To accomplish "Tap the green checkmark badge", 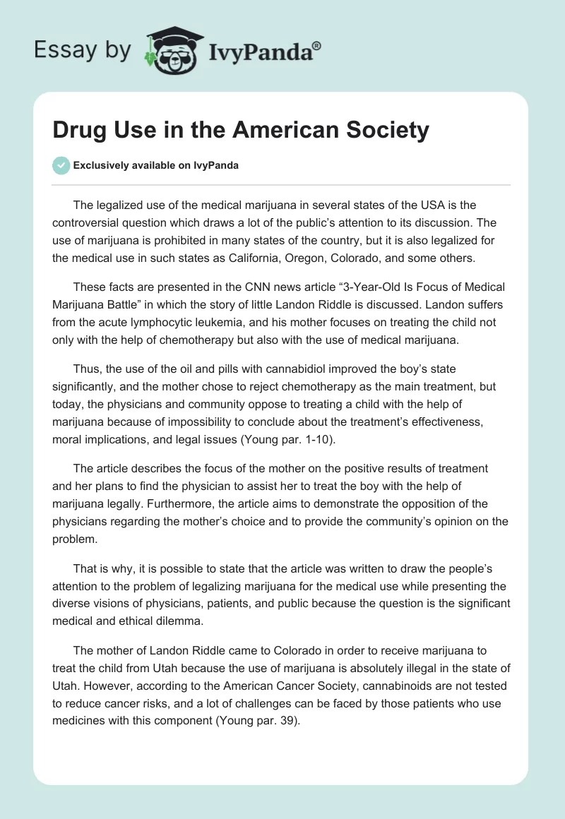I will click(61, 165).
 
